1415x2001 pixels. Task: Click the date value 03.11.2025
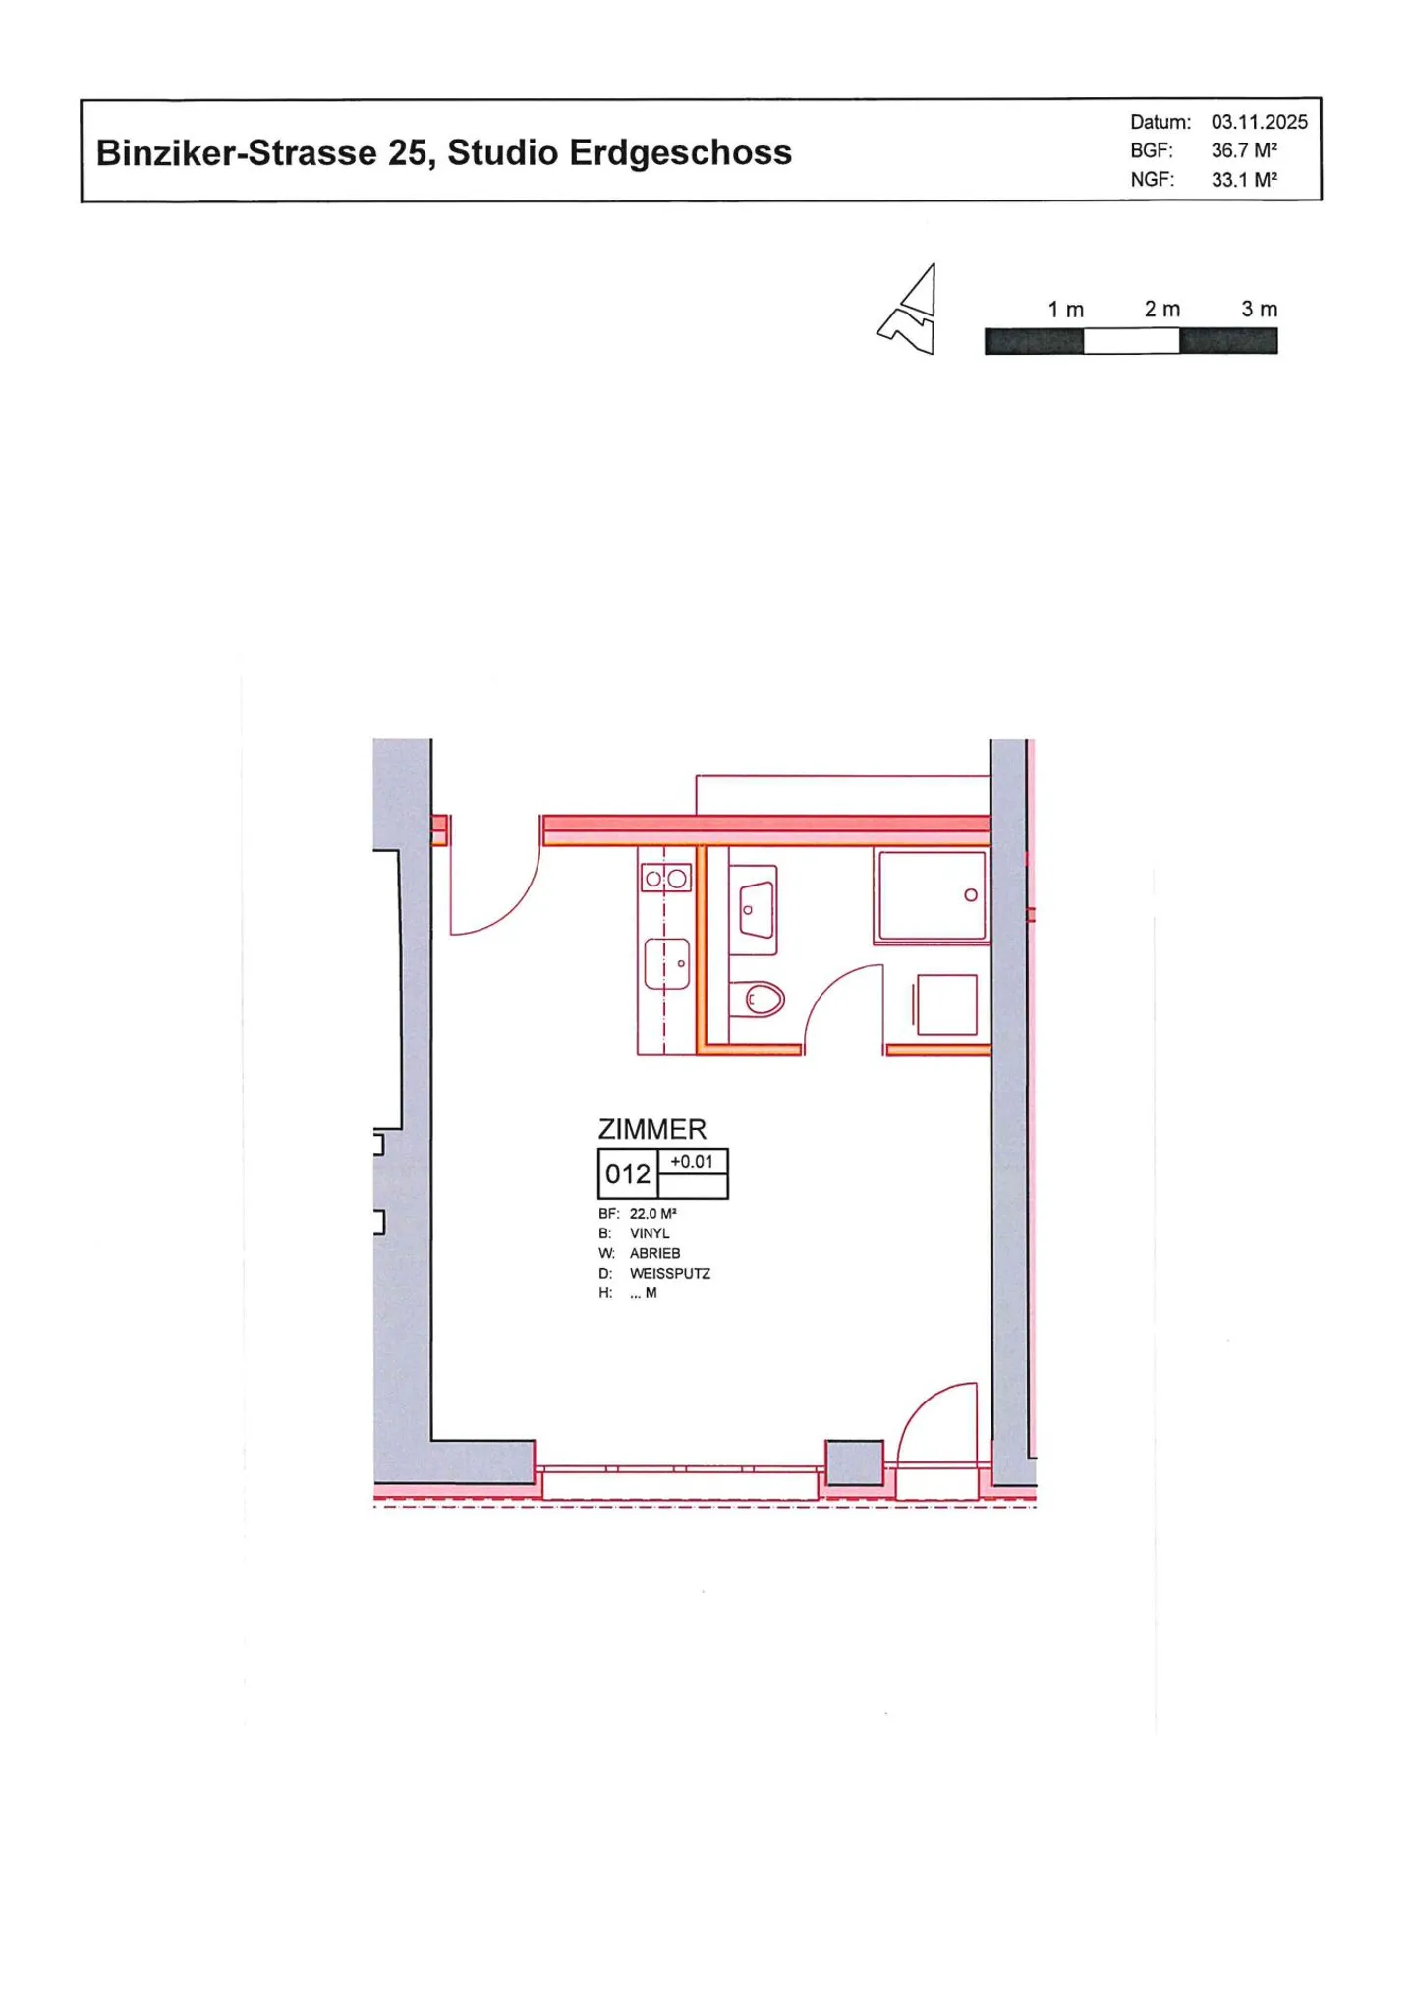pos(1258,122)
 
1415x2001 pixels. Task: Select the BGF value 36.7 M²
pos(1243,150)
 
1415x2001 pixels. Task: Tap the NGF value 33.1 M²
pos(1243,180)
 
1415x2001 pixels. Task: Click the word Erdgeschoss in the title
pos(680,153)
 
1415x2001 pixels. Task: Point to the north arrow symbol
pos(911,311)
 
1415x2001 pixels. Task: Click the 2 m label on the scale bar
pos(1161,310)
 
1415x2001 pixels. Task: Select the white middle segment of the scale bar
pos(1130,341)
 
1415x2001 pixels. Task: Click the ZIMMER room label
pos(651,1129)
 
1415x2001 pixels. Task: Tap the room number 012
pos(627,1173)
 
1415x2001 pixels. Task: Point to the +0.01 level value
pos(692,1162)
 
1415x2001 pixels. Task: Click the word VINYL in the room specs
pos(650,1233)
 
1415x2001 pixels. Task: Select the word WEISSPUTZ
pos(669,1273)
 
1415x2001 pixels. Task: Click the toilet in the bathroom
pos(761,1000)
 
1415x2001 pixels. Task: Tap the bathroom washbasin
pos(755,910)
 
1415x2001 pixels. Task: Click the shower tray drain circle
pos(970,895)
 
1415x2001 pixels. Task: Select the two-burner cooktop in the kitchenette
pos(665,879)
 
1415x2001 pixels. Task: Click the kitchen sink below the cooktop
pos(666,963)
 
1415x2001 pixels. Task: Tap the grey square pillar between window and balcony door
pos(853,1462)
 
